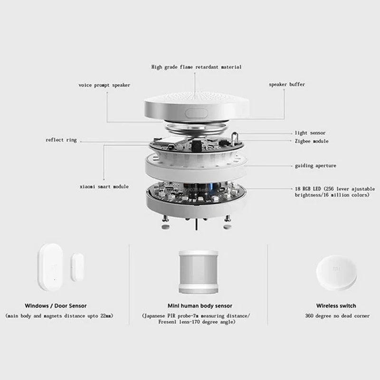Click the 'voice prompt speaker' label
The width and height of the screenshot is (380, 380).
click(104, 85)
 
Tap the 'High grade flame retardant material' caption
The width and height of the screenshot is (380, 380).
click(196, 67)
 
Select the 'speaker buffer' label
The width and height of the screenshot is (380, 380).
click(287, 85)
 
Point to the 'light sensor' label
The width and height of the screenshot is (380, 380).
click(310, 133)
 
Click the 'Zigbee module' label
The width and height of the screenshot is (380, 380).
click(311, 141)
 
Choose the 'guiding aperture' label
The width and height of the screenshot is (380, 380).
click(315, 166)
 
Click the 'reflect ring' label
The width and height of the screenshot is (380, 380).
click(61, 140)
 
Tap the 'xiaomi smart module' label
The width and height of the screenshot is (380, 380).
click(104, 187)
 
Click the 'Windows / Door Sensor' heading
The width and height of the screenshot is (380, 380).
click(56, 305)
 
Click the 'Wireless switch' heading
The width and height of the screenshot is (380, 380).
click(336, 305)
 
